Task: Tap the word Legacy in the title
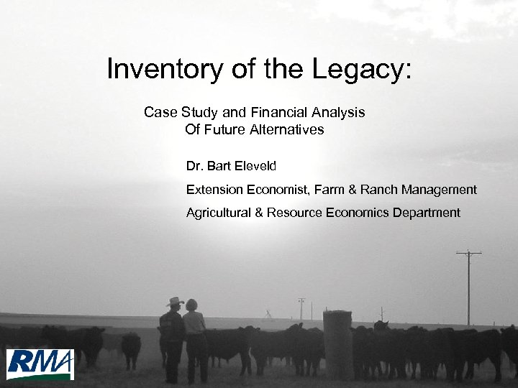coord(361,70)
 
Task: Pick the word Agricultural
coord(218,213)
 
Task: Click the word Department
coord(424,213)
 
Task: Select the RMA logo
coord(40,364)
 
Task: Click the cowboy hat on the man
coord(174,302)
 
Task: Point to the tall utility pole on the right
coord(468,287)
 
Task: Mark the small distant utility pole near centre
coord(301,308)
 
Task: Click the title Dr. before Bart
coord(194,166)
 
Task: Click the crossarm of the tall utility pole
coord(468,252)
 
